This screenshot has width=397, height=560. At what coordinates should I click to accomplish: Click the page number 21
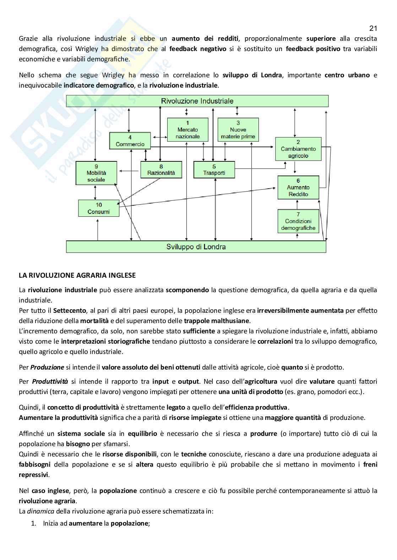click(373, 28)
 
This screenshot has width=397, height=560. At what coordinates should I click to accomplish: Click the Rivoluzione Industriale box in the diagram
click(197, 101)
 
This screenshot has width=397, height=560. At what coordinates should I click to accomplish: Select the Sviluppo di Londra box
click(196, 247)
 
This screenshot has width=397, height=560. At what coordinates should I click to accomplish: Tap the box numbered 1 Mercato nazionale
click(187, 130)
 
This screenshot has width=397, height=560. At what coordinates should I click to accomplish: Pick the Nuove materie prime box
click(238, 130)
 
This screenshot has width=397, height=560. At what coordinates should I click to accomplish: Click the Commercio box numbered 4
click(130, 141)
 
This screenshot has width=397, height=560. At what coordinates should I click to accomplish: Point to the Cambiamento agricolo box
click(298, 149)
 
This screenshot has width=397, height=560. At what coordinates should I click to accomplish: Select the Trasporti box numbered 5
click(214, 170)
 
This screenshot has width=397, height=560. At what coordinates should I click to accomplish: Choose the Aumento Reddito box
click(298, 187)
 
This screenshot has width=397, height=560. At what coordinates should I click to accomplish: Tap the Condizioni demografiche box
click(298, 221)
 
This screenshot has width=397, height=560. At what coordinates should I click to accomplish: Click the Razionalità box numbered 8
click(161, 170)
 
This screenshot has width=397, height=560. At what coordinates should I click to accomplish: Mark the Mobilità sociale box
click(96, 173)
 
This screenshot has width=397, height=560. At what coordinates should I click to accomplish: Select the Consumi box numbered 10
click(99, 208)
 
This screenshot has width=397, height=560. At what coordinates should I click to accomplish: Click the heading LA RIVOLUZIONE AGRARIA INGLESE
click(77, 275)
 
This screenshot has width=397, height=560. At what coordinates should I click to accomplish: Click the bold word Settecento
click(70, 311)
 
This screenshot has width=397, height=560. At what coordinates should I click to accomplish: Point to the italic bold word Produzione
click(47, 367)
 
